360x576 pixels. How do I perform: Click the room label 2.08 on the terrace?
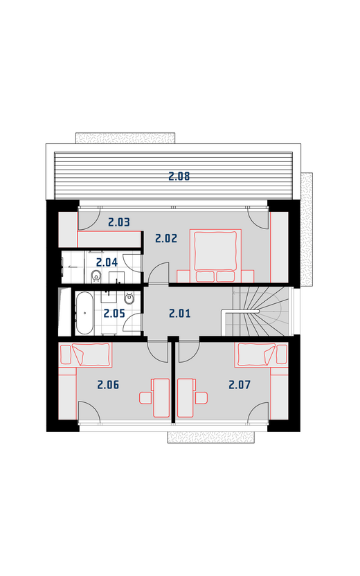tap(179, 177)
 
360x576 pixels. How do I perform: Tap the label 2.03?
tap(119, 222)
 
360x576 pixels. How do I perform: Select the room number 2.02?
tap(166, 238)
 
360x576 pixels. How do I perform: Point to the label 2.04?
tap(107, 262)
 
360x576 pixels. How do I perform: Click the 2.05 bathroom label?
tap(114, 314)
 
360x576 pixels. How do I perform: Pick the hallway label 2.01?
tap(180, 314)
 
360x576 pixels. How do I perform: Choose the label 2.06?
tap(109, 385)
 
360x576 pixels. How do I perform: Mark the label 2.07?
tap(240, 385)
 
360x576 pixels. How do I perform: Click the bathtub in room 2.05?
tap(84, 313)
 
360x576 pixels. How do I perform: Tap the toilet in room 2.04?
tap(96, 276)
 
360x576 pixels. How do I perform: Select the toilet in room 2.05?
tap(129, 298)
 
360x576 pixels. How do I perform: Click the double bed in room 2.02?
tap(215, 255)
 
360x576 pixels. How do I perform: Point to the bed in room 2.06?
tap(85, 355)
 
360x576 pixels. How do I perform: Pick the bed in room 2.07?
tap(262, 355)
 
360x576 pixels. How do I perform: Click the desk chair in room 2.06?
tap(145, 398)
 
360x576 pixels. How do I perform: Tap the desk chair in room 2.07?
tap(201, 398)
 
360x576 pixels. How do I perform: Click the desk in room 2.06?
tap(161, 398)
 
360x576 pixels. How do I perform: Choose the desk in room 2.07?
tap(186, 398)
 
